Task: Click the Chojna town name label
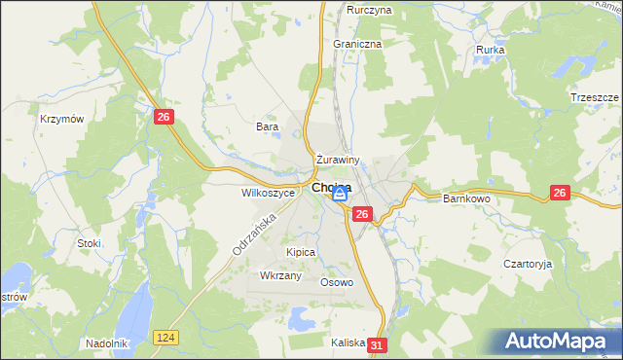331,188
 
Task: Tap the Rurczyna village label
369,10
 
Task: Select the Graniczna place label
357,44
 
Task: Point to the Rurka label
490,49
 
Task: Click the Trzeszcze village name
595,98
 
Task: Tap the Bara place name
267,126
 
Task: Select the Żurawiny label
339,160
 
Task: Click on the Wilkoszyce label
268,193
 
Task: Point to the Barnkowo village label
466,198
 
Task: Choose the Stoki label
89,242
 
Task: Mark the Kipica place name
301,252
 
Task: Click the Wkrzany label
281,276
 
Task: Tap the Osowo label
337,283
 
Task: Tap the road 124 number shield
165,337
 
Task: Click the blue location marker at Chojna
340,195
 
